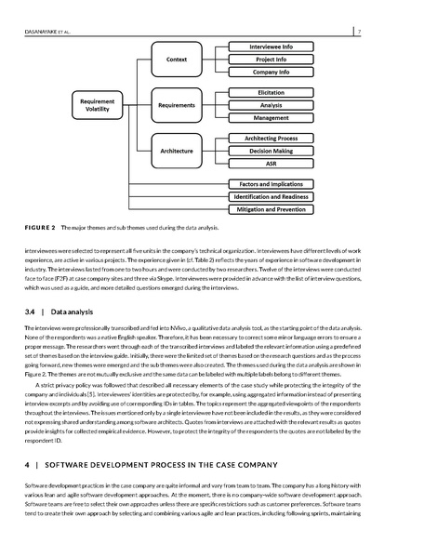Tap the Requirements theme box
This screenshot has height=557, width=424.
177,105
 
